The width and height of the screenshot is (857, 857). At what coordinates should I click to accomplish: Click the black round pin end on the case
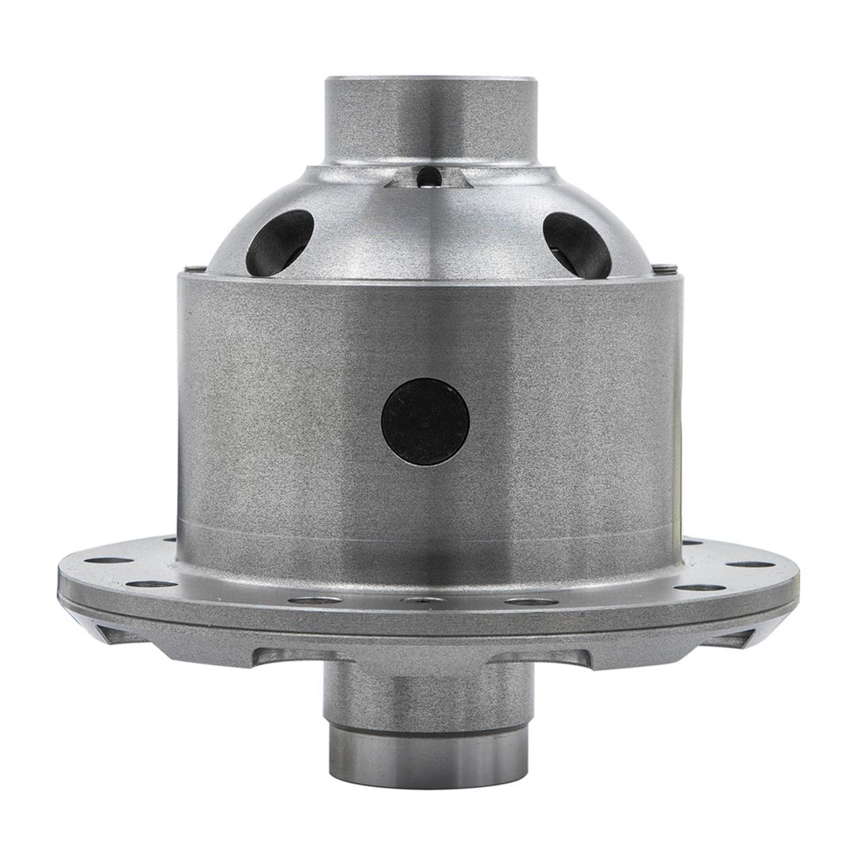pyautogui.click(x=425, y=421)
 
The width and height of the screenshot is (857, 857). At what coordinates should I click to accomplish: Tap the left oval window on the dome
pyautogui.click(x=279, y=243)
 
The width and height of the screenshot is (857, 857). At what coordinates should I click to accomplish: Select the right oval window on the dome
pyautogui.click(x=577, y=244)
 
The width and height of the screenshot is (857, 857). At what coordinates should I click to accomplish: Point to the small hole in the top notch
pyautogui.click(x=428, y=176)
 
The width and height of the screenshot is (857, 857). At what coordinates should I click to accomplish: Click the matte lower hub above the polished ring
pyautogui.click(x=429, y=698)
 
